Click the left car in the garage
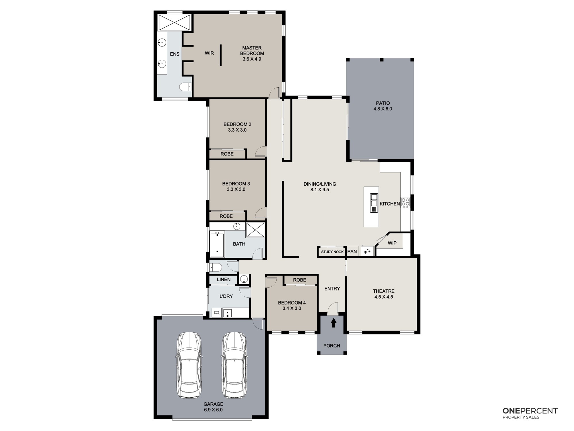click(189, 365)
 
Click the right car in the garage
click(234, 365)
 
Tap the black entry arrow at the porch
click(333, 323)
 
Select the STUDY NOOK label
click(332, 252)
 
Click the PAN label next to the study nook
click(352, 252)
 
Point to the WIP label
click(392, 243)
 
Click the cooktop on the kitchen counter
click(406, 202)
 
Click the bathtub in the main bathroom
click(217, 245)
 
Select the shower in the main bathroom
click(255, 230)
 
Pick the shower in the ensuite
click(174, 22)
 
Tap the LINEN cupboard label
click(224, 279)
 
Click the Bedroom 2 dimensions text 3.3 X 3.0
click(237, 130)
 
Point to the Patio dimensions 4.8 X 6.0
click(383, 109)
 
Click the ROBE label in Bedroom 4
click(300, 280)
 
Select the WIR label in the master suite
click(209, 53)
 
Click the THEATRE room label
click(384, 291)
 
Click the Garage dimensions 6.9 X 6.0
click(213, 410)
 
